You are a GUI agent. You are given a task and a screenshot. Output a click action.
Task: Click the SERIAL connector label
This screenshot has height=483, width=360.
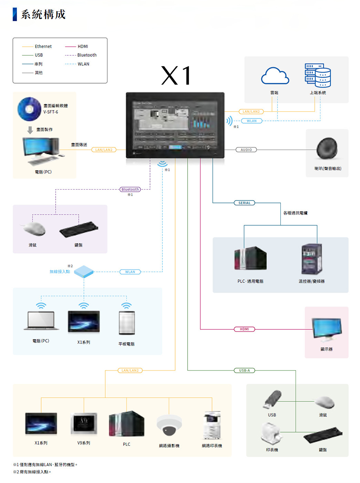(x=244, y=203)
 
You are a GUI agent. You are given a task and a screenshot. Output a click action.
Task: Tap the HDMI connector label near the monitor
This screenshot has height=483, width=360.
(x=244, y=329)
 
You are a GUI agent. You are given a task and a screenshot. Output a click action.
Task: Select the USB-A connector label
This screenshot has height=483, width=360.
(x=244, y=371)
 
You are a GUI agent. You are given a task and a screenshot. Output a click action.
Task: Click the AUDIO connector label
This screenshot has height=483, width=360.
(x=246, y=150)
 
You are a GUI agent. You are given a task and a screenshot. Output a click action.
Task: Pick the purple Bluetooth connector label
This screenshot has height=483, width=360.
(x=130, y=189)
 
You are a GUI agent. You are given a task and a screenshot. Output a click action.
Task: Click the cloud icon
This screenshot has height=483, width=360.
(x=274, y=75)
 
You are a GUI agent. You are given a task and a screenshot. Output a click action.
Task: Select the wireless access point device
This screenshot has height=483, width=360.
(x=84, y=271)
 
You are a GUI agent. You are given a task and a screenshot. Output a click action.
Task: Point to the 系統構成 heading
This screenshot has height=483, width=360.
(x=43, y=14)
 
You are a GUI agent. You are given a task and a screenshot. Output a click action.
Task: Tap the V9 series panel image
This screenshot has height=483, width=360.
(x=84, y=423)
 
